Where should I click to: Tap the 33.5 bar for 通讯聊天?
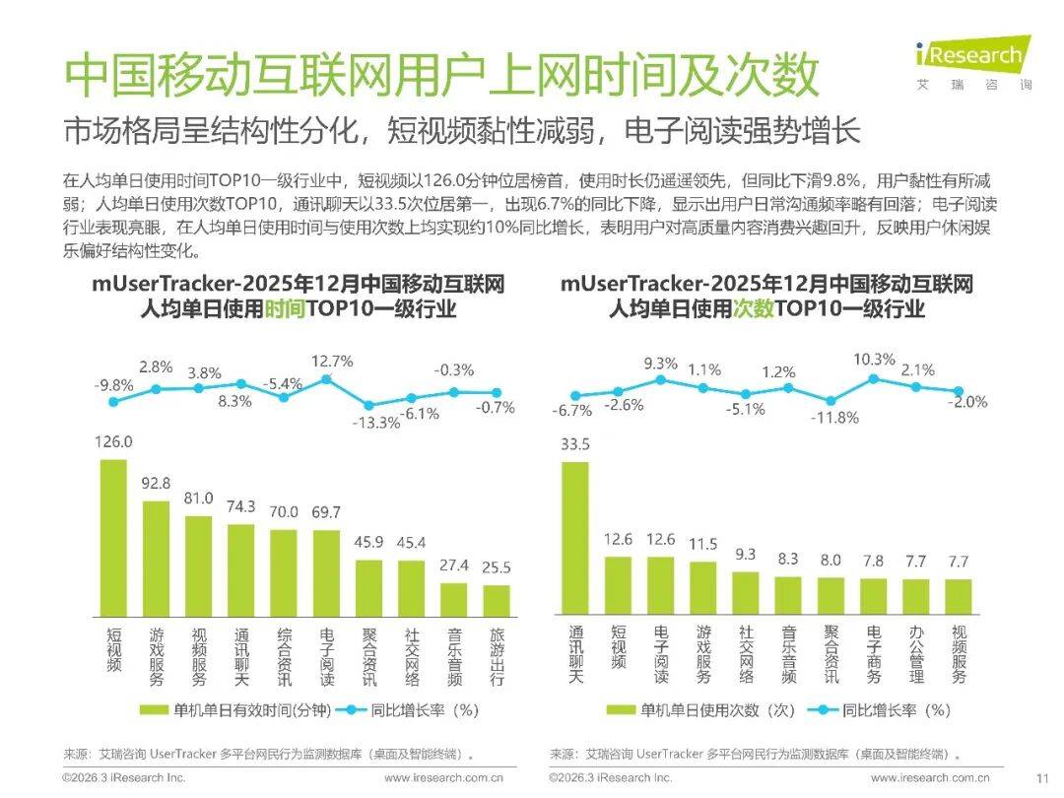574,538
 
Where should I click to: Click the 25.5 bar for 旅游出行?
497,600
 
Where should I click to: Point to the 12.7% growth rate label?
331,361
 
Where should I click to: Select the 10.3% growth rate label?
874,361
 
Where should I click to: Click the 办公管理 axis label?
916,655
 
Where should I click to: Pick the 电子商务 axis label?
874,655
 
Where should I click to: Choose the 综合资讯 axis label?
284,655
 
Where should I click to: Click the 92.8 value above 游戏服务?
157,484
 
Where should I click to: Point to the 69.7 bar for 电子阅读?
326,572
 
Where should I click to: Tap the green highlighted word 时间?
286,309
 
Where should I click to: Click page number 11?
1040,778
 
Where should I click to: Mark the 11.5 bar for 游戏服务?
702,588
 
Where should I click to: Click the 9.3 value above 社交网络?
745,555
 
